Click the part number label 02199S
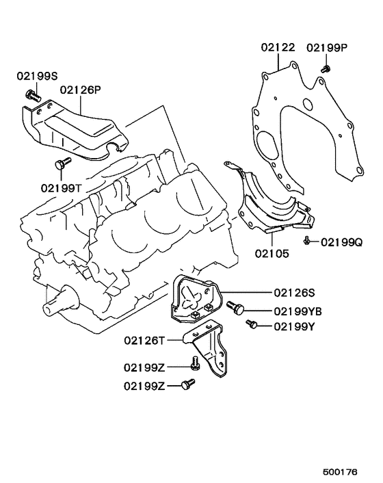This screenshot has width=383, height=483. (36, 78)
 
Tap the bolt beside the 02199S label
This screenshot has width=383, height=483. (30, 94)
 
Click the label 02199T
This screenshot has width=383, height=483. (60, 187)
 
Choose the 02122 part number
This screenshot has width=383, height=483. (278, 47)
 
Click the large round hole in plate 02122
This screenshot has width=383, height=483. (306, 106)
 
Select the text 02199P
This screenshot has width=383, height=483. (327, 47)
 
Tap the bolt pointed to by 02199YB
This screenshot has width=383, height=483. (236, 309)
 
